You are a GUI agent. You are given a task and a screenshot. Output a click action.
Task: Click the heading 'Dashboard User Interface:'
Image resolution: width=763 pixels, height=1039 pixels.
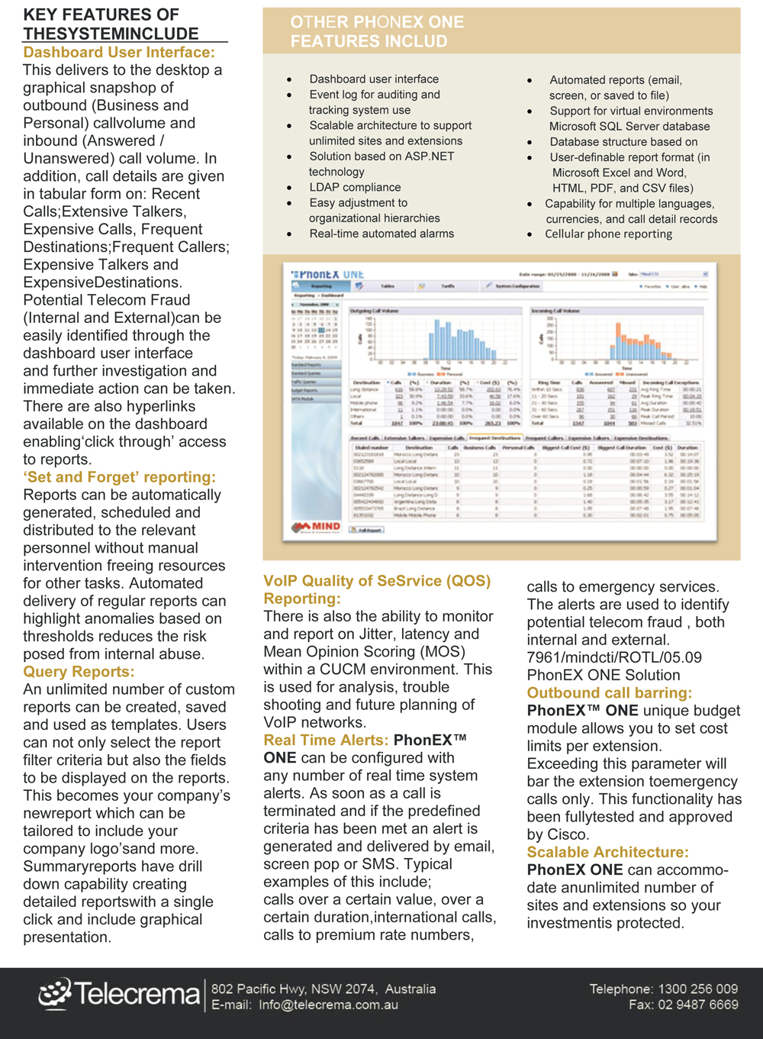point(119,53)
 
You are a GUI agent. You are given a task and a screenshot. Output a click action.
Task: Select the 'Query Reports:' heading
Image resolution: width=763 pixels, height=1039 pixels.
point(79,672)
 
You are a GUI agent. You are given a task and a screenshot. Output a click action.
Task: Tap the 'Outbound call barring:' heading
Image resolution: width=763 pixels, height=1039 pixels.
point(609,693)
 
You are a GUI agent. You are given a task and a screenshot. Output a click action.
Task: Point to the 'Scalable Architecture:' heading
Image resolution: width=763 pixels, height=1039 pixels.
point(607,852)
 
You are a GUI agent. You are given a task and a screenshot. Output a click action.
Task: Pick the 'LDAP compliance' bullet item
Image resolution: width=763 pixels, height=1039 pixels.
point(355,188)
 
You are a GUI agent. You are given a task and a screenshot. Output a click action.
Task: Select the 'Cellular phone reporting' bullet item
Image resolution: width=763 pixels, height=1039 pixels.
point(608,234)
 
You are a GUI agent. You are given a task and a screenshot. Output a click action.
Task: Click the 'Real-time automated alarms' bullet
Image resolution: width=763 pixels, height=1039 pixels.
point(381,234)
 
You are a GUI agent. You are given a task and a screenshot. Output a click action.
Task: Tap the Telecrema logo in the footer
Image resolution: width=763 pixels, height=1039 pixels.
point(119,993)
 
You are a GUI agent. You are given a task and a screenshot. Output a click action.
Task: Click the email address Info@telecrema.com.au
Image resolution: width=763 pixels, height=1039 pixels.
point(328,1005)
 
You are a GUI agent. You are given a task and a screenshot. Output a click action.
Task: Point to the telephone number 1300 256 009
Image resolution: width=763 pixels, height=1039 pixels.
point(698,989)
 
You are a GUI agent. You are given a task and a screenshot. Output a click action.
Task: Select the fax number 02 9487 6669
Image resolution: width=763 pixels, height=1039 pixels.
point(698,1005)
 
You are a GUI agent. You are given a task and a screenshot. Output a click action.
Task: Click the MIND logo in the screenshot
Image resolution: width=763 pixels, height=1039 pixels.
point(317,527)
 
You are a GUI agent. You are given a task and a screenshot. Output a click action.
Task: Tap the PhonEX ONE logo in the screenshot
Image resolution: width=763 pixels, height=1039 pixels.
point(328,274)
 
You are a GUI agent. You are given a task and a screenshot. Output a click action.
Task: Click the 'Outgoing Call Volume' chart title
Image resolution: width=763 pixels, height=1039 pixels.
point(375,311)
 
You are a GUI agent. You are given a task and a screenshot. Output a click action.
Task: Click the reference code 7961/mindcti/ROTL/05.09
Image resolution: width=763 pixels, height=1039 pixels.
point(614,658)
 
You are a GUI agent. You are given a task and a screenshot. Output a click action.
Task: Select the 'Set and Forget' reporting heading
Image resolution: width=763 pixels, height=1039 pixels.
point(119,478)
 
